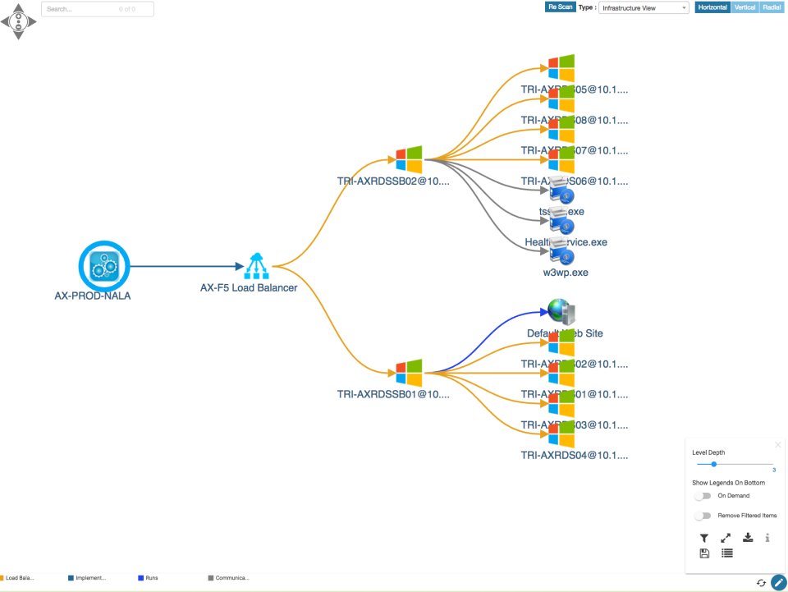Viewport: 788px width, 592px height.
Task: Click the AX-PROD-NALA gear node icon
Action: coord(104,266)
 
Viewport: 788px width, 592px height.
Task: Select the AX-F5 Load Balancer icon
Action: coord(257,266)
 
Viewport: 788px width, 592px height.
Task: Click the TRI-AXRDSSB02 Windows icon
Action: coord(408,159)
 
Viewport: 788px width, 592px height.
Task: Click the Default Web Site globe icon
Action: coord(561,313)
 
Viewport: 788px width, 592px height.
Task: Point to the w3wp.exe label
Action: coord(565,273)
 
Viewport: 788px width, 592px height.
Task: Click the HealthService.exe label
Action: coord(566,242)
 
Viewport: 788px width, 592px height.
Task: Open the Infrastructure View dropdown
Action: coord(644,8)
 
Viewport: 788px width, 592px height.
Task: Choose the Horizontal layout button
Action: coord(712,7)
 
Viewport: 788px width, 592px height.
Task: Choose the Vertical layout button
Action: coord(744,7)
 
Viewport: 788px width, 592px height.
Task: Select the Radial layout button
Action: coord(772,7)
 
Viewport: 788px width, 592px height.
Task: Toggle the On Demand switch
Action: coord(702,496)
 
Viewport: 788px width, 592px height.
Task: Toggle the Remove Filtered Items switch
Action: coord(702,516)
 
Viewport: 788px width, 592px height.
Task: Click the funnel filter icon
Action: coord(704,538)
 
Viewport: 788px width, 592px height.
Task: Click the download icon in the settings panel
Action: coord(748,538)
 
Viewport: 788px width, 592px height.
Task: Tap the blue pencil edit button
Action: coord(778,582)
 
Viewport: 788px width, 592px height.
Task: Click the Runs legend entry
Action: coord(151,578)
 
